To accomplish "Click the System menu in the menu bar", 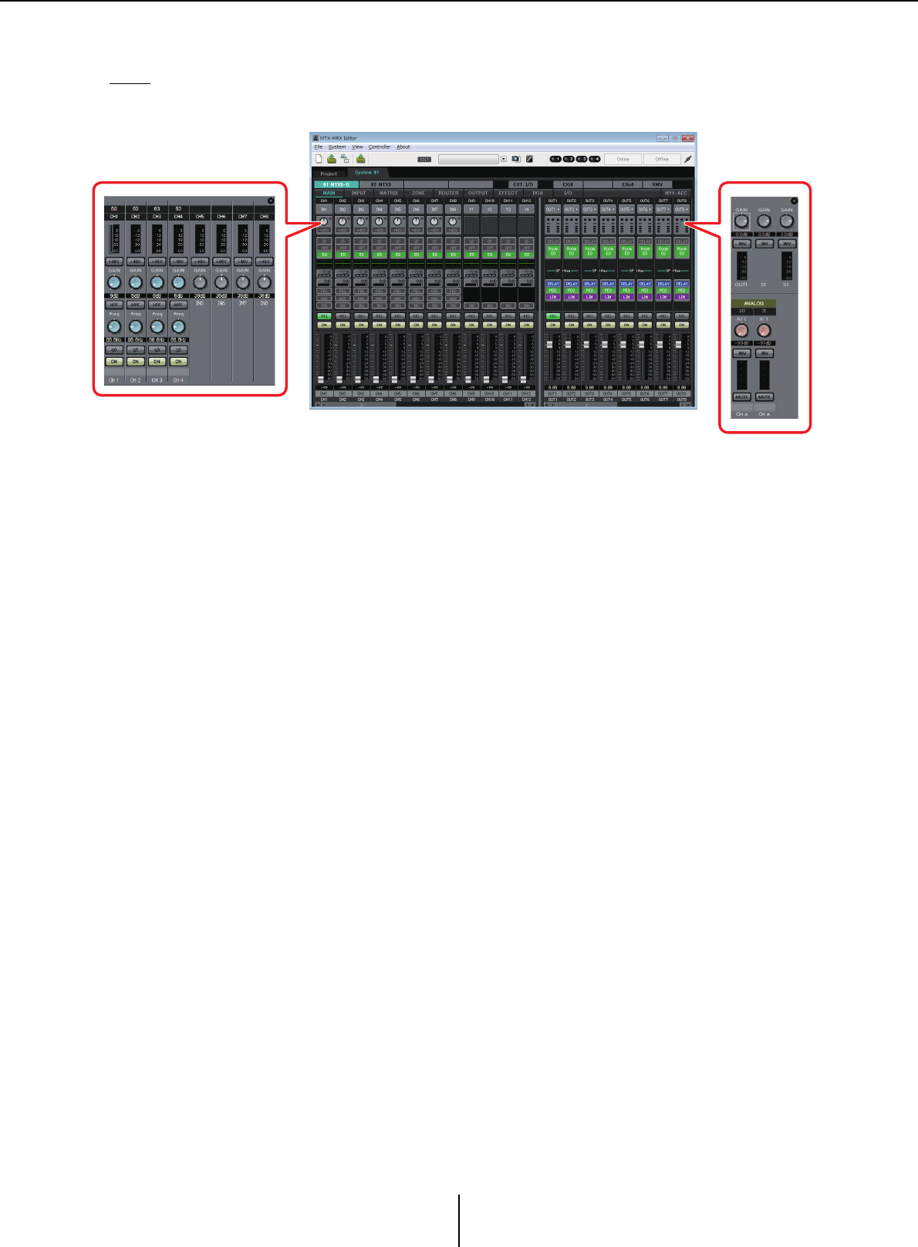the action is pyautogui.click(x=337, y=147).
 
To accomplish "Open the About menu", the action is pyautogui.click(x=403, y=147).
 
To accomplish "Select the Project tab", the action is pyautogui.click(x=329, y=174).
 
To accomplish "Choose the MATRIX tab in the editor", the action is pyautogui.click(x=389, y=194).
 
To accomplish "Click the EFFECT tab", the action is pyautogui.click(x=508, y=194).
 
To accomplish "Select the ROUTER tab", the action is pyautogui.click(x=448, y=194).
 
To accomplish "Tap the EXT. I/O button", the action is pyautogui.click(x=523, y=185).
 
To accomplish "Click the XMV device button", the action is pyautogui.click(x=657, y=185).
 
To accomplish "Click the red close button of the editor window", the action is pyautogui.click(x=687, y=139).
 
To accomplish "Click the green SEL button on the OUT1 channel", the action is pyautogui.click(x=552, y=316).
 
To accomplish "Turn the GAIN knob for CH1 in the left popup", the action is pyautogui.click(x=113, y=283).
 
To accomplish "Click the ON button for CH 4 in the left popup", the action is pyautogui.click(x=178, y=362).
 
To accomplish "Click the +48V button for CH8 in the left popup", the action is pyautogui.click(x=264, y=262).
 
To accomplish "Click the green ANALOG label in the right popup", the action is pyautogui.click(x=754, y=304).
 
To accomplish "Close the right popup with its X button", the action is pyautogui.click(x=795, y=201).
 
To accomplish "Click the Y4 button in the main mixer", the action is pyautogui.click(x=526, y=210).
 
